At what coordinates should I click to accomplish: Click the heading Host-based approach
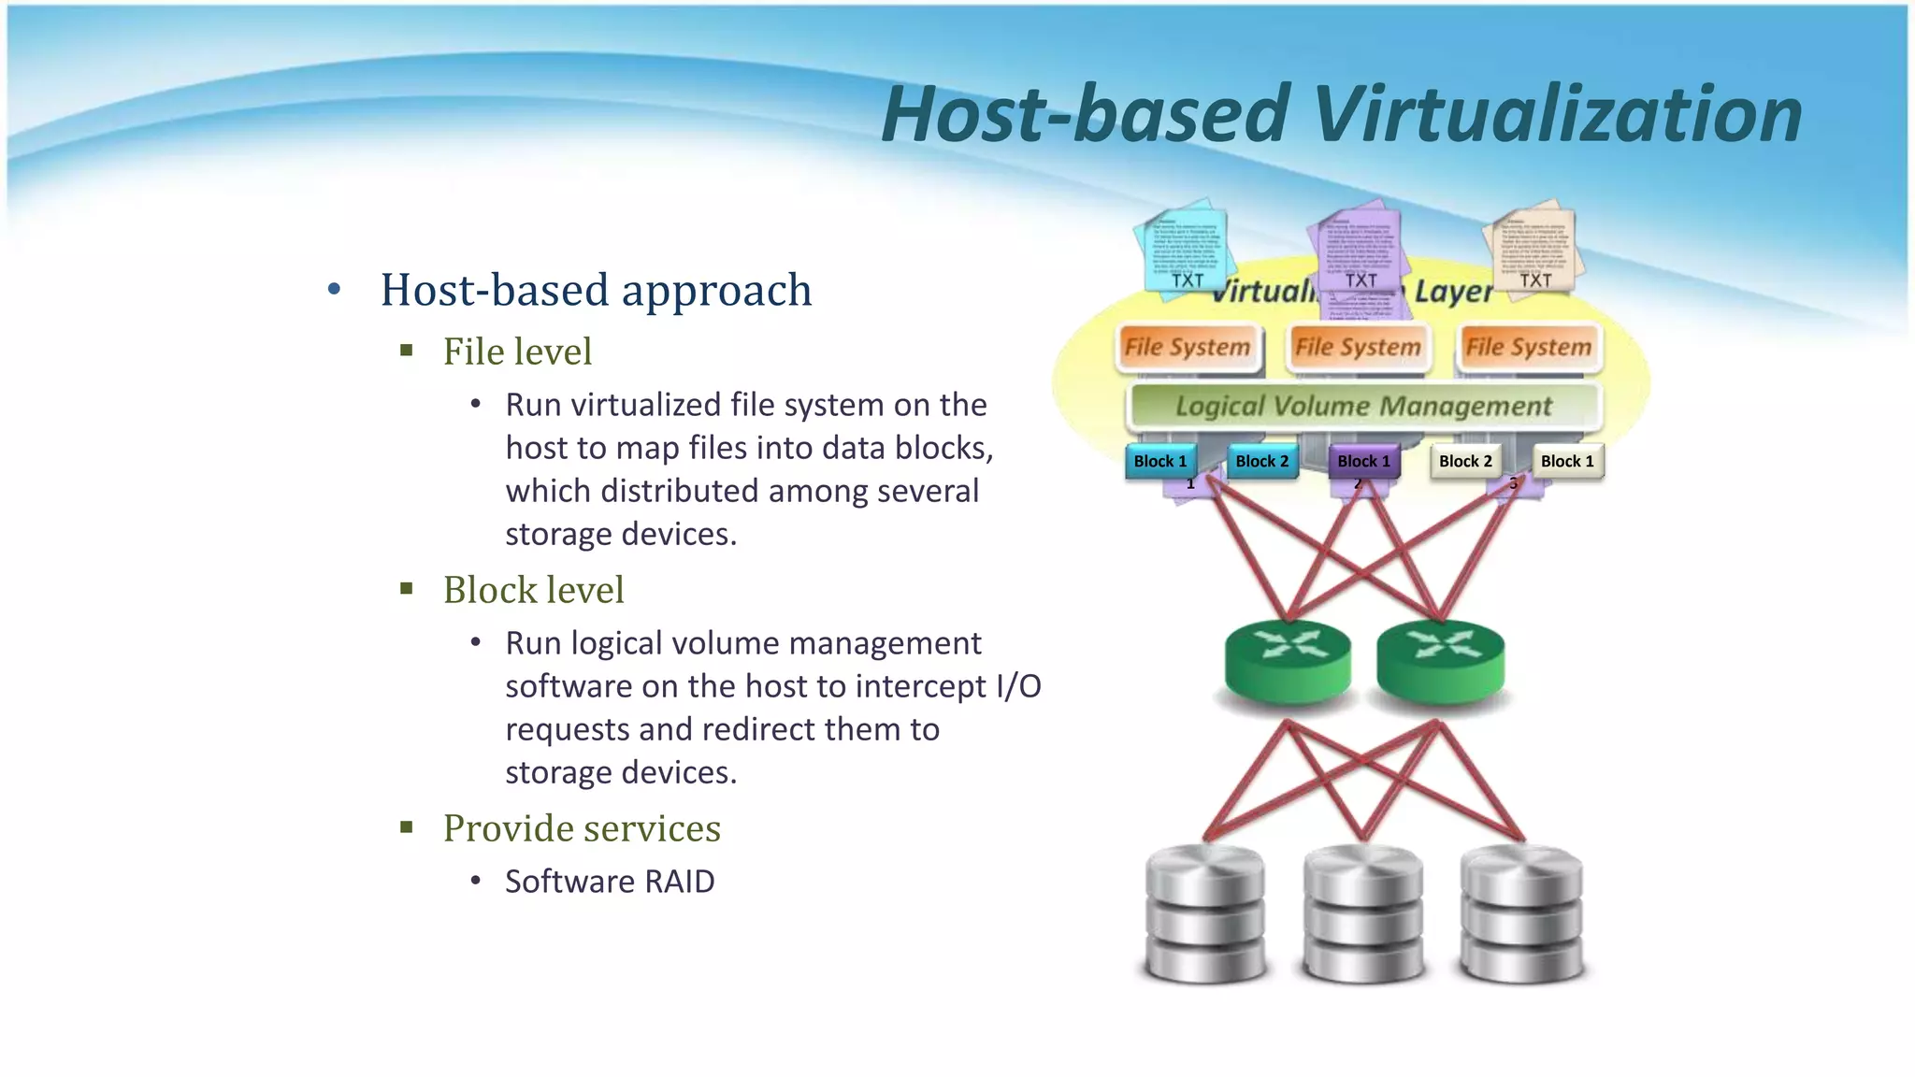click(596, 290)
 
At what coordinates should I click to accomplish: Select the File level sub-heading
click(517, 352)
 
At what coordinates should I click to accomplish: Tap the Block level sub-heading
click(533, 590)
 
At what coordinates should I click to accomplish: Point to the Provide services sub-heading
click(582, 828)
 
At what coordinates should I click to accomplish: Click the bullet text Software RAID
click(610, 882)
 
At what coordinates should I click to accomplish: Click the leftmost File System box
click(1188, 347)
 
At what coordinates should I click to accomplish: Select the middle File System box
click(1358, 347)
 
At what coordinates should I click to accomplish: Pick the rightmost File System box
click(1528, 347)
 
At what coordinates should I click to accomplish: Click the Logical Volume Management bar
click(1363, 406)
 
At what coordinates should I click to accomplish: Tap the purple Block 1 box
click(1363, 461)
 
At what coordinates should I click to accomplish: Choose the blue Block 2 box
click(1261, 461)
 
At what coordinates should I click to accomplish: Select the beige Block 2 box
click(1465, 461)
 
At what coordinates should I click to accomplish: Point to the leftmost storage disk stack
click(1204, 913)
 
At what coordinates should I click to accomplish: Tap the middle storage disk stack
click(1363, 913)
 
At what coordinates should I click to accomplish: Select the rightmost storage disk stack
click(1522, 913)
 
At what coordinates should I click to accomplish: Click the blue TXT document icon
click(1184, 249)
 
